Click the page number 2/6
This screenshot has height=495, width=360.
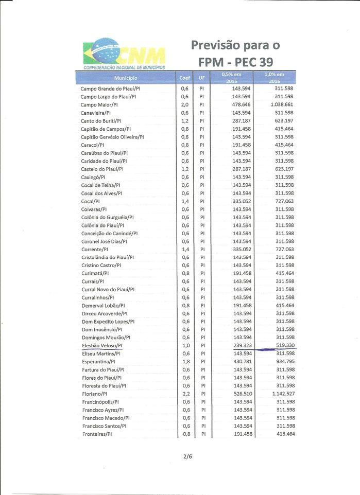[x=187, y=456]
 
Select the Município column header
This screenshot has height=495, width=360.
[x=126, y=78]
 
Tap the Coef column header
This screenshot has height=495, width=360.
[x=184, y=78]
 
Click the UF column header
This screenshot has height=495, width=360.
[x=202, y=78]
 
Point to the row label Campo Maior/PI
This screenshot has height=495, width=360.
[x=99, y=104]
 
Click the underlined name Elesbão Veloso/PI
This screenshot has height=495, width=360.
[x=102, y=346]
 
